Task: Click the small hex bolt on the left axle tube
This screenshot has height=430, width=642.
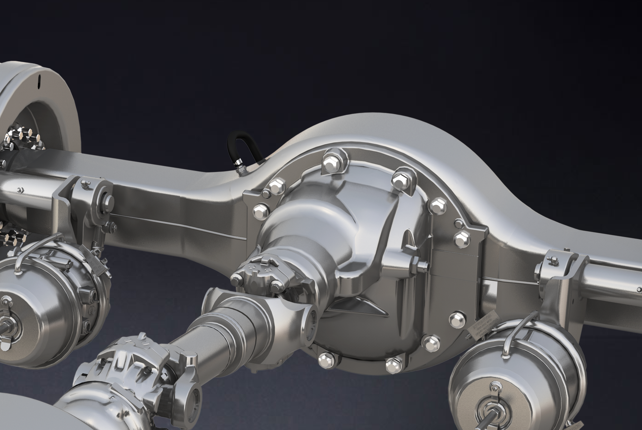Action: point(20,190)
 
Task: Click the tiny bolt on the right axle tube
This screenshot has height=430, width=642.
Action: point(639,290)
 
